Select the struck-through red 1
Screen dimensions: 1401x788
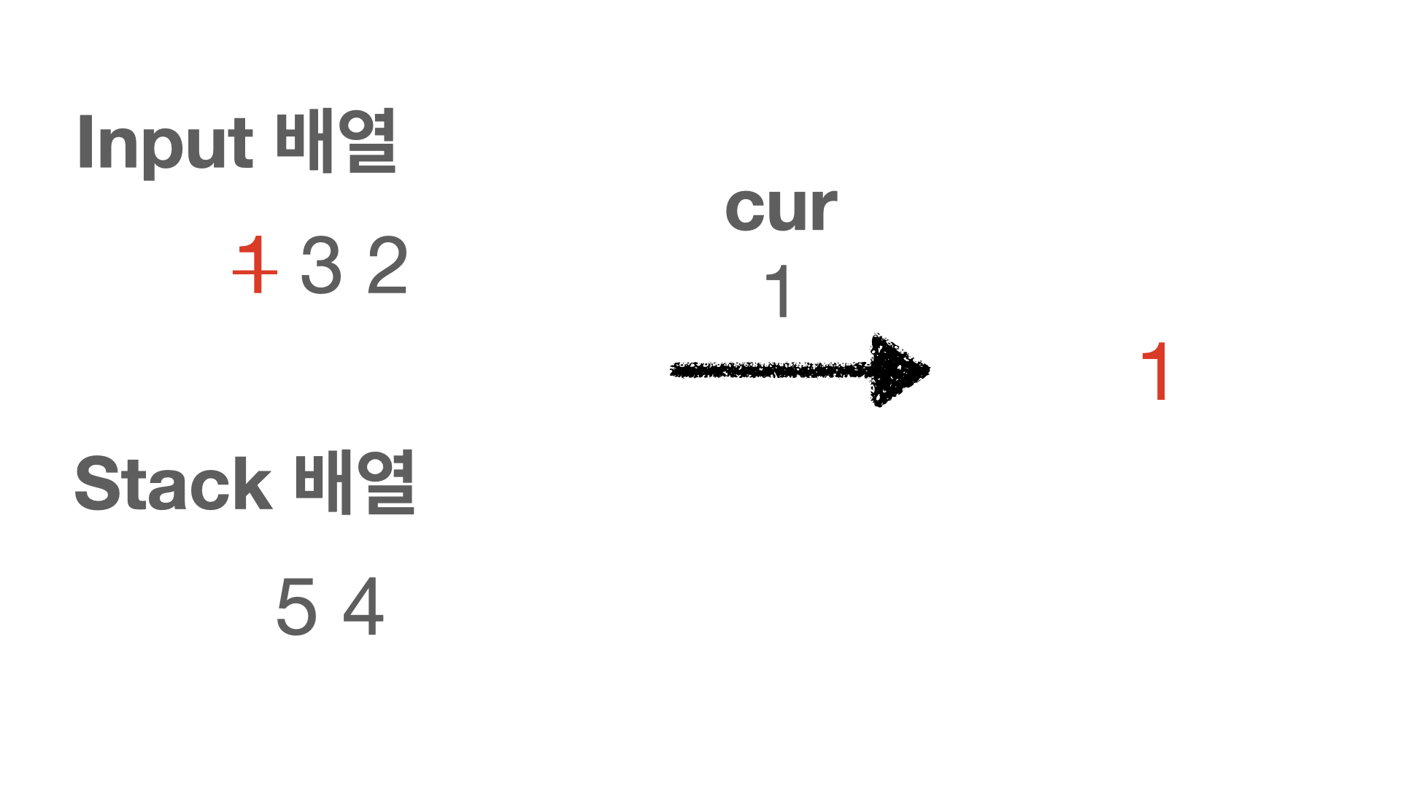pos(255,266)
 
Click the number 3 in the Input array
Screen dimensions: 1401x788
pos(321,266)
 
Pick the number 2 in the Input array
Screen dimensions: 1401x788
pos(387,266)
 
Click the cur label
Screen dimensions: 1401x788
pos(781,209)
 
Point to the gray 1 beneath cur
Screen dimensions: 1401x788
pos(779,291)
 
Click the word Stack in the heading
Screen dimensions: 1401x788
pos(174,484)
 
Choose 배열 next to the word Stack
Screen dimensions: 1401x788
pos(355,482)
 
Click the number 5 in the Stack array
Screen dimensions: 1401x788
pos(296,606)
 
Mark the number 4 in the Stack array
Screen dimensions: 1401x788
pos(363,606)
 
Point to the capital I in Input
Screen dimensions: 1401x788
pos(84,142)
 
